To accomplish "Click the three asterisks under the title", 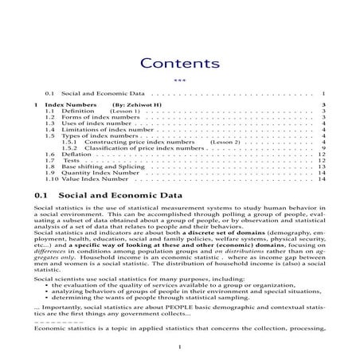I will point(179,80).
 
